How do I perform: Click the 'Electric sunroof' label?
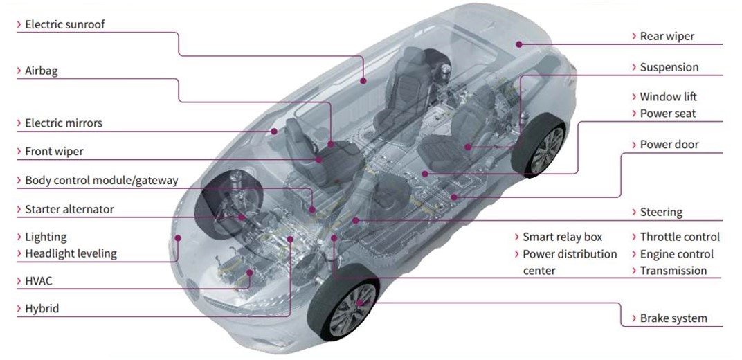(x=65, y=25)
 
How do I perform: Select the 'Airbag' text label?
(x=41, y=71)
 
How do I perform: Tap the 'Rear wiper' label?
(x=667, y=37)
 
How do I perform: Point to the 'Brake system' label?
(x=673, y=318)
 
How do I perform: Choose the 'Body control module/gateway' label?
(x=102, y=180)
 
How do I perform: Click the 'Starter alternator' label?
(x=69, y=209)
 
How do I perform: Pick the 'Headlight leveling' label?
(x=71, y=253)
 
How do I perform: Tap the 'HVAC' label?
(x=39, y=282)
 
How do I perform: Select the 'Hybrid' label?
(x=42, y=309)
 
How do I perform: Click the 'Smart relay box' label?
(x=563, y=237)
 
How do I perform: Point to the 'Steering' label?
(x=661, y=213)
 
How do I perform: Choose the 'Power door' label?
(x=669, y=144)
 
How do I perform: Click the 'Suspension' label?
(x=669, y=68)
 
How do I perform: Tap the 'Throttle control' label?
(x=680, y=237)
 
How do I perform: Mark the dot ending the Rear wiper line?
(x=518, y=44)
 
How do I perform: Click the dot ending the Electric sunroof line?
(x=363, y=81)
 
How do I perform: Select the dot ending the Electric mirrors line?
(x=273, y=131)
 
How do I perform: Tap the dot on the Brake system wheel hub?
(x=359, y=303)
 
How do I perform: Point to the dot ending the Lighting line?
(x=178, y=237)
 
